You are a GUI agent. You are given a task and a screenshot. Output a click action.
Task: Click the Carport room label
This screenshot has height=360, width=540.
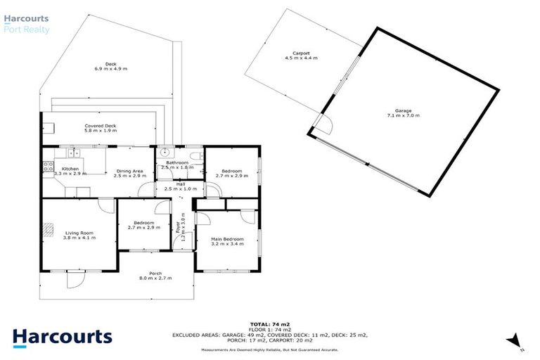[x=302, y=53]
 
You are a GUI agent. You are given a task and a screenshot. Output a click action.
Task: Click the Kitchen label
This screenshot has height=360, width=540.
[x=70, y=169]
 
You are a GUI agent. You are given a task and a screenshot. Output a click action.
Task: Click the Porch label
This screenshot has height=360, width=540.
[x=155, y=274]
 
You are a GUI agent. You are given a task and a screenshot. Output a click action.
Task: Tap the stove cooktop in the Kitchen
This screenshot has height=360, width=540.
[x=48, y=167]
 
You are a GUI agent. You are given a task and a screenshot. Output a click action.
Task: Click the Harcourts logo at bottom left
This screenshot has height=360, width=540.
[x=62, y=336]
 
